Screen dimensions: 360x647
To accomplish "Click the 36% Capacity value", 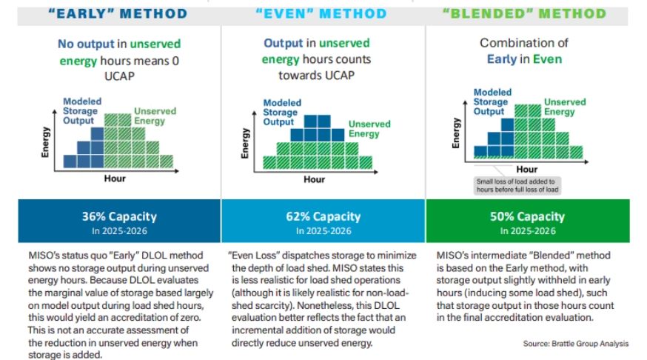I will tap(119, 216).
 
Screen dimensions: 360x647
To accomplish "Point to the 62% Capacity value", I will tap(323, 217).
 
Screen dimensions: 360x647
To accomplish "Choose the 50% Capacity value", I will tap(528, 217).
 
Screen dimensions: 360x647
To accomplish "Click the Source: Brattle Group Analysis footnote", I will tap(576, 343).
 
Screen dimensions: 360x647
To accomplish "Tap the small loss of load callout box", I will tap(518, 185).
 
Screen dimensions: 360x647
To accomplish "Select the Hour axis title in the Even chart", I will tap(314, 179).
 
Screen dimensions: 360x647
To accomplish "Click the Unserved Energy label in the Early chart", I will tap(155, 116).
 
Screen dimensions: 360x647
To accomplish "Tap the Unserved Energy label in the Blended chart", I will tap(565, 107).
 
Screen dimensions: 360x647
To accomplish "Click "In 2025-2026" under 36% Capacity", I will tap(119, 231).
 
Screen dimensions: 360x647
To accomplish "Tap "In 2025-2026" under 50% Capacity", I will tap(528, 231).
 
